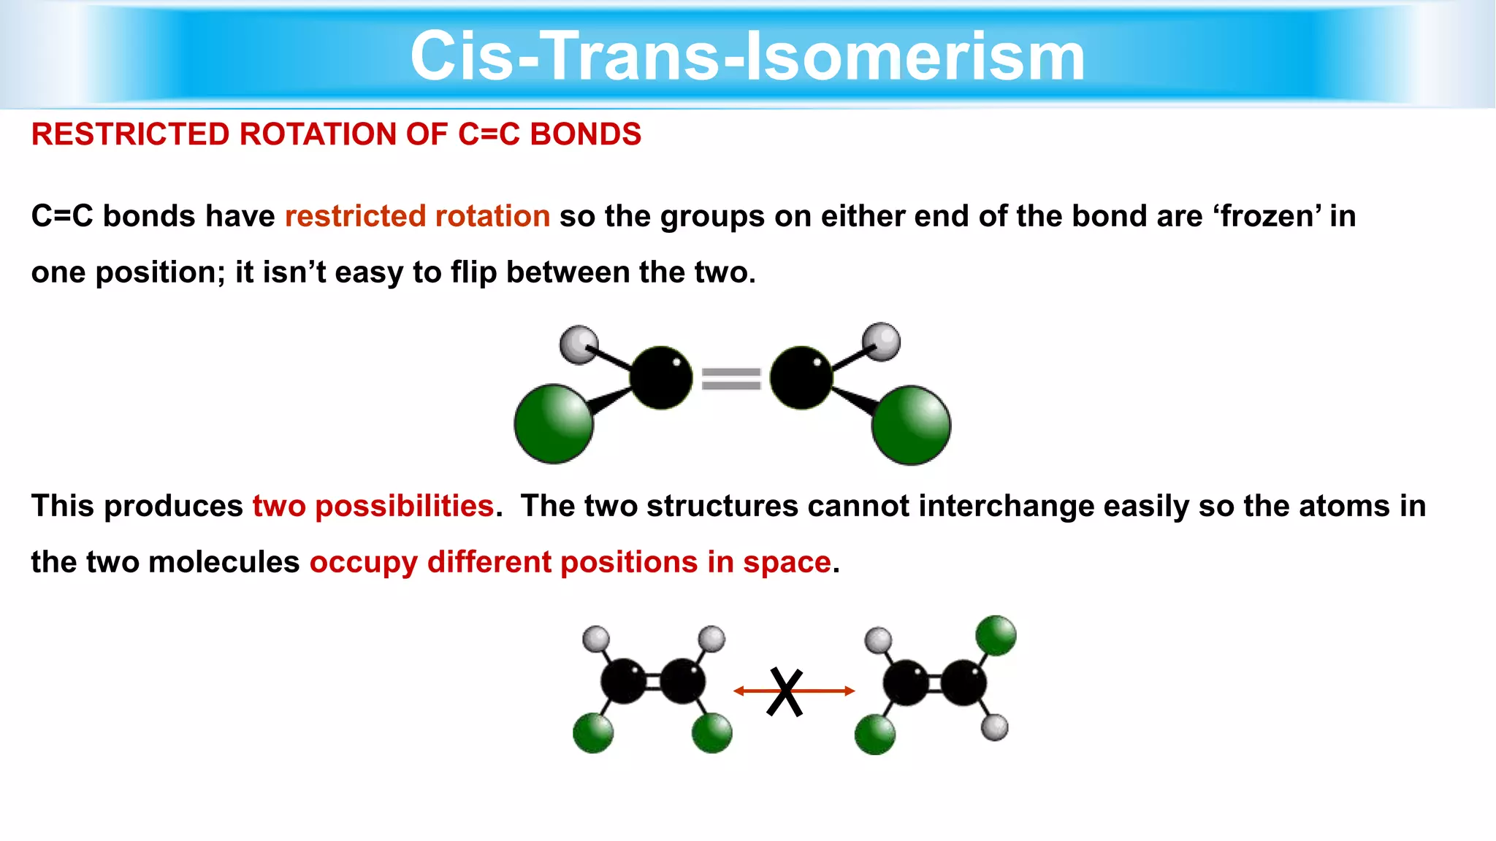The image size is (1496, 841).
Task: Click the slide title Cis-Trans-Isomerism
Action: [747, 57]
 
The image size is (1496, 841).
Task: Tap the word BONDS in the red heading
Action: [585, 134]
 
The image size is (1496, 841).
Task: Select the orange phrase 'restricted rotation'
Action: [417, 217]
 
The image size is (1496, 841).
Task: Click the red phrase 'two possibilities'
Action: [373, 506]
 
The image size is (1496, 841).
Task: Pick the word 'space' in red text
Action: [787, 562]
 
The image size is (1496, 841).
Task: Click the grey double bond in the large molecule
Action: [731, 379]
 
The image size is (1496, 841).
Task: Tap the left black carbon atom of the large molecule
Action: [661, 377]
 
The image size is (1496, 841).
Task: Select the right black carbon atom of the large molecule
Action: [801, 377]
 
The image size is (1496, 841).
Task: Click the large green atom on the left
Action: [554, 423]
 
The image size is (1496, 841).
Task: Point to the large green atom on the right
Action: [911, 425]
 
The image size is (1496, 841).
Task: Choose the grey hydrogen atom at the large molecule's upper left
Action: [579, 344]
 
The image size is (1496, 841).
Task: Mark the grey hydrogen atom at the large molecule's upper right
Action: [881, 342]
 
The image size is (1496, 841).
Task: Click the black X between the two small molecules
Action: [785, 692]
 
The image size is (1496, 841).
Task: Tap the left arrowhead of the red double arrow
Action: [739, 691]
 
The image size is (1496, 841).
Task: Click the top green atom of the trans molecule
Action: [996, 635]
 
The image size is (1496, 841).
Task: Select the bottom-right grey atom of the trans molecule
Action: [994, 727]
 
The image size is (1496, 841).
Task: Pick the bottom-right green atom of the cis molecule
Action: [711, 733]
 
